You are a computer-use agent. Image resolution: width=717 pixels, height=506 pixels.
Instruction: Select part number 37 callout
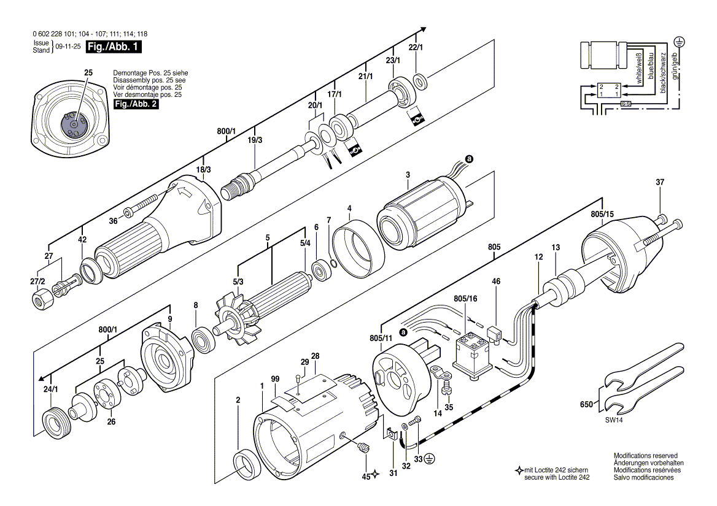660,182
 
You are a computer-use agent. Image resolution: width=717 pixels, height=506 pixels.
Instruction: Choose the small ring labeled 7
332,264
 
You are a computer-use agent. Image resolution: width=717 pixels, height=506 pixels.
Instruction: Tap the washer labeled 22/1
421,79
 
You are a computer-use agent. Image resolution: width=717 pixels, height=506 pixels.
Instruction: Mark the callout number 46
496,282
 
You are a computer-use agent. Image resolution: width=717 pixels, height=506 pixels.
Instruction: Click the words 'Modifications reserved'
645,456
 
